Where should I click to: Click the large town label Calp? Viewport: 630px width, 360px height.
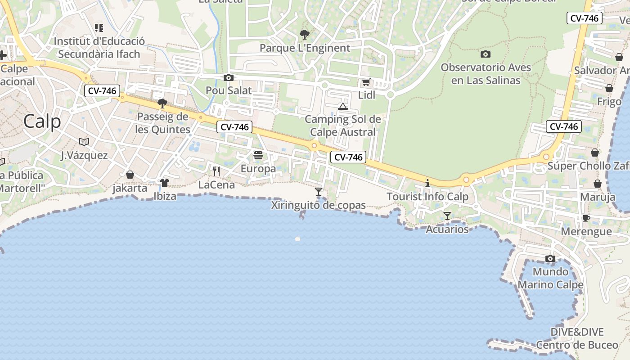(x=42, y=121)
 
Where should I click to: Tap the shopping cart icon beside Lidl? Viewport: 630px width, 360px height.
(x=366, y=82)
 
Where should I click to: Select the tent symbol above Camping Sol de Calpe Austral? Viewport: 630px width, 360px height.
(x=343, y=107)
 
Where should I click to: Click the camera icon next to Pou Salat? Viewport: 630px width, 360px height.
(x=229, y=77)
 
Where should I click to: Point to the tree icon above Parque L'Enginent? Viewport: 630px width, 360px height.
(x=305, y=35)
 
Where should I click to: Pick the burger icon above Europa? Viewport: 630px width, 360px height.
(x=258, y=156)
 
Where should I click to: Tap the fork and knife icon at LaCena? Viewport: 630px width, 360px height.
(x=216, y=171)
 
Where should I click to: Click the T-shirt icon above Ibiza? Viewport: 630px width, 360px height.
(x=165, y=183)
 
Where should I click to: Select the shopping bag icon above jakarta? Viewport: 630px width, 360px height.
(x=130, y=175)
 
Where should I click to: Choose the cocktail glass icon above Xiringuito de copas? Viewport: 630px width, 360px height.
(x=319, y=192)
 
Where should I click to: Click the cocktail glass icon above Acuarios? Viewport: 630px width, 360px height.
(x=447, y=216)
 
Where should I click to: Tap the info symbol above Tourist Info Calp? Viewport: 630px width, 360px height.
(x=427, y=183)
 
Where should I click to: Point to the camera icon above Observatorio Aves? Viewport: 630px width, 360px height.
(x=485, y=54)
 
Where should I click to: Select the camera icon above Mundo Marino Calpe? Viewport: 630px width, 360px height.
(x=550, y=259)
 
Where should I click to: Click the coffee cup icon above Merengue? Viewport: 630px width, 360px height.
(x=586, y=218)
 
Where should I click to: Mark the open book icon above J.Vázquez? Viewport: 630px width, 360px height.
(x=84, y=142)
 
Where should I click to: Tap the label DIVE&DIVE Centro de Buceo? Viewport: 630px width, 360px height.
(x=577, y=338)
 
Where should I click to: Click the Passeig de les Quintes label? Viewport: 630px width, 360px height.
(x=163, y=123)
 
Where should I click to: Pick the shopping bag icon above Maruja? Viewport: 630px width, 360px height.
(x=598, y=184)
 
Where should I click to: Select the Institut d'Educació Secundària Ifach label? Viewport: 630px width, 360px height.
(x=99, y=48)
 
